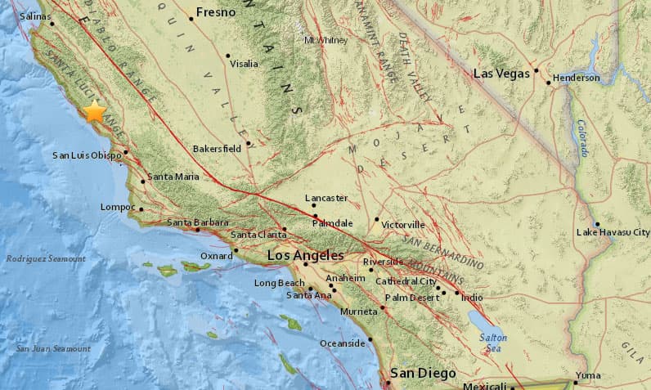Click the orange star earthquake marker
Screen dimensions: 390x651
point(96,112)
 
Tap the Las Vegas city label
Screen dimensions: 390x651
point(502,74)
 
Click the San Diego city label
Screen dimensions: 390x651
point(422,373)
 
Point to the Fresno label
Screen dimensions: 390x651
point(216,12)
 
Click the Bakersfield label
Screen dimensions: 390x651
point(217,149)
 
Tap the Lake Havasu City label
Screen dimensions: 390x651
point(613,232)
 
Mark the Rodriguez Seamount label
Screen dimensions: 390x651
point(45,258)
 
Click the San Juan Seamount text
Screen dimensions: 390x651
point(53,349)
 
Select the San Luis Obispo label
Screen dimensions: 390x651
point(87,155)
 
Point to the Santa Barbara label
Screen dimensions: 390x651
point(198,222)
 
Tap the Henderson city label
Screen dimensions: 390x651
point(577,78)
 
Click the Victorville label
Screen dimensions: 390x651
point(403,224)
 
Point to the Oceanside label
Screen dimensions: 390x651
point(342,343)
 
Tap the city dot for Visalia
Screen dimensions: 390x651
point(228,56)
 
